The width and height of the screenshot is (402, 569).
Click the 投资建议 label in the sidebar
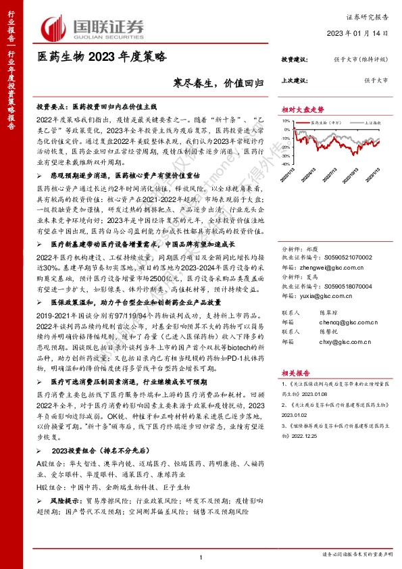[x=295, y=60]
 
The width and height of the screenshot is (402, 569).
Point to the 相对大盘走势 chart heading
[x=303, y=109]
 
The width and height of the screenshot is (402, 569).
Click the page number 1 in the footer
[x=201, y=555]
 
